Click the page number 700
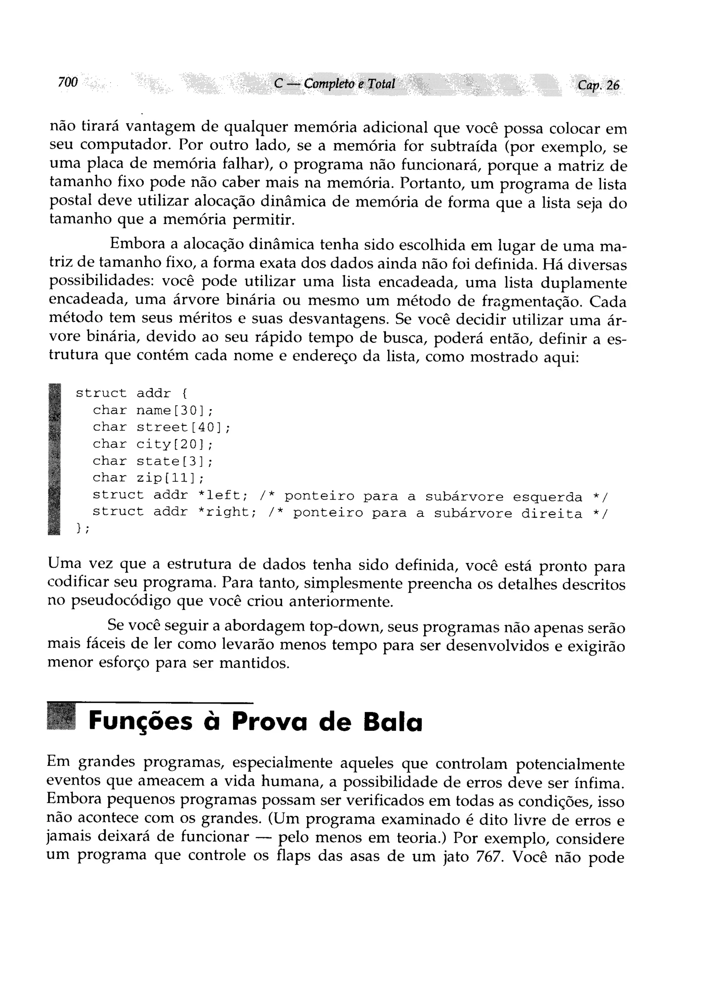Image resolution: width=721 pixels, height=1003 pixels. pyautogui.click(x=68, y=82)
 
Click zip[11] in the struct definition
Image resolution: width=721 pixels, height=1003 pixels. pyautogui.click(x=170, y=478)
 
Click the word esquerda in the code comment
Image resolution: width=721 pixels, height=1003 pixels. pyautogui.click(x=547, y=497)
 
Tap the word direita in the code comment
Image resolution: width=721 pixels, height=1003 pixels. pyautogui.click(x=552, y=514)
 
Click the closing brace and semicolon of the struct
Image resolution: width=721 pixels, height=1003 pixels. pyautogui.click(x=82, y=528)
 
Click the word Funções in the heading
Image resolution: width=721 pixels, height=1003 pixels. pyautogui.click(x=140, y=722)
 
